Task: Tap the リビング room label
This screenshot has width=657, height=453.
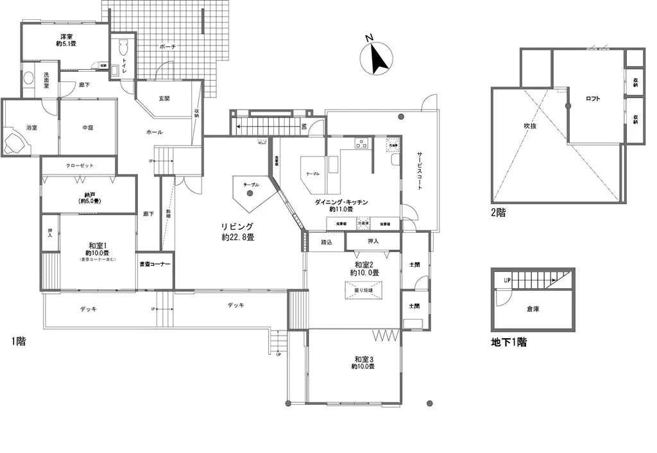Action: [237, 226]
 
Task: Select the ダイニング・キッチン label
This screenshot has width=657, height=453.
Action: [341, 201]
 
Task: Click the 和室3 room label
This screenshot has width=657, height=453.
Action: [363, 359]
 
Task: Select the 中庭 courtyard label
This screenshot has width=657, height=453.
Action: [88, 128]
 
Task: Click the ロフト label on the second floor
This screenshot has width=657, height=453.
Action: [593, 99]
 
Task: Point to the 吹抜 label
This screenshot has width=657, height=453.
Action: [529, 126]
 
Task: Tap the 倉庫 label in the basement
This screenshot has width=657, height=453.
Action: [533, 309]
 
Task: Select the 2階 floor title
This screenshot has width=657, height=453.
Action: [499, 213]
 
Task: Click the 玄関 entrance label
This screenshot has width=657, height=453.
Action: [164, 98]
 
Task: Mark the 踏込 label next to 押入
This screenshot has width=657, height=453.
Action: [326, 242]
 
